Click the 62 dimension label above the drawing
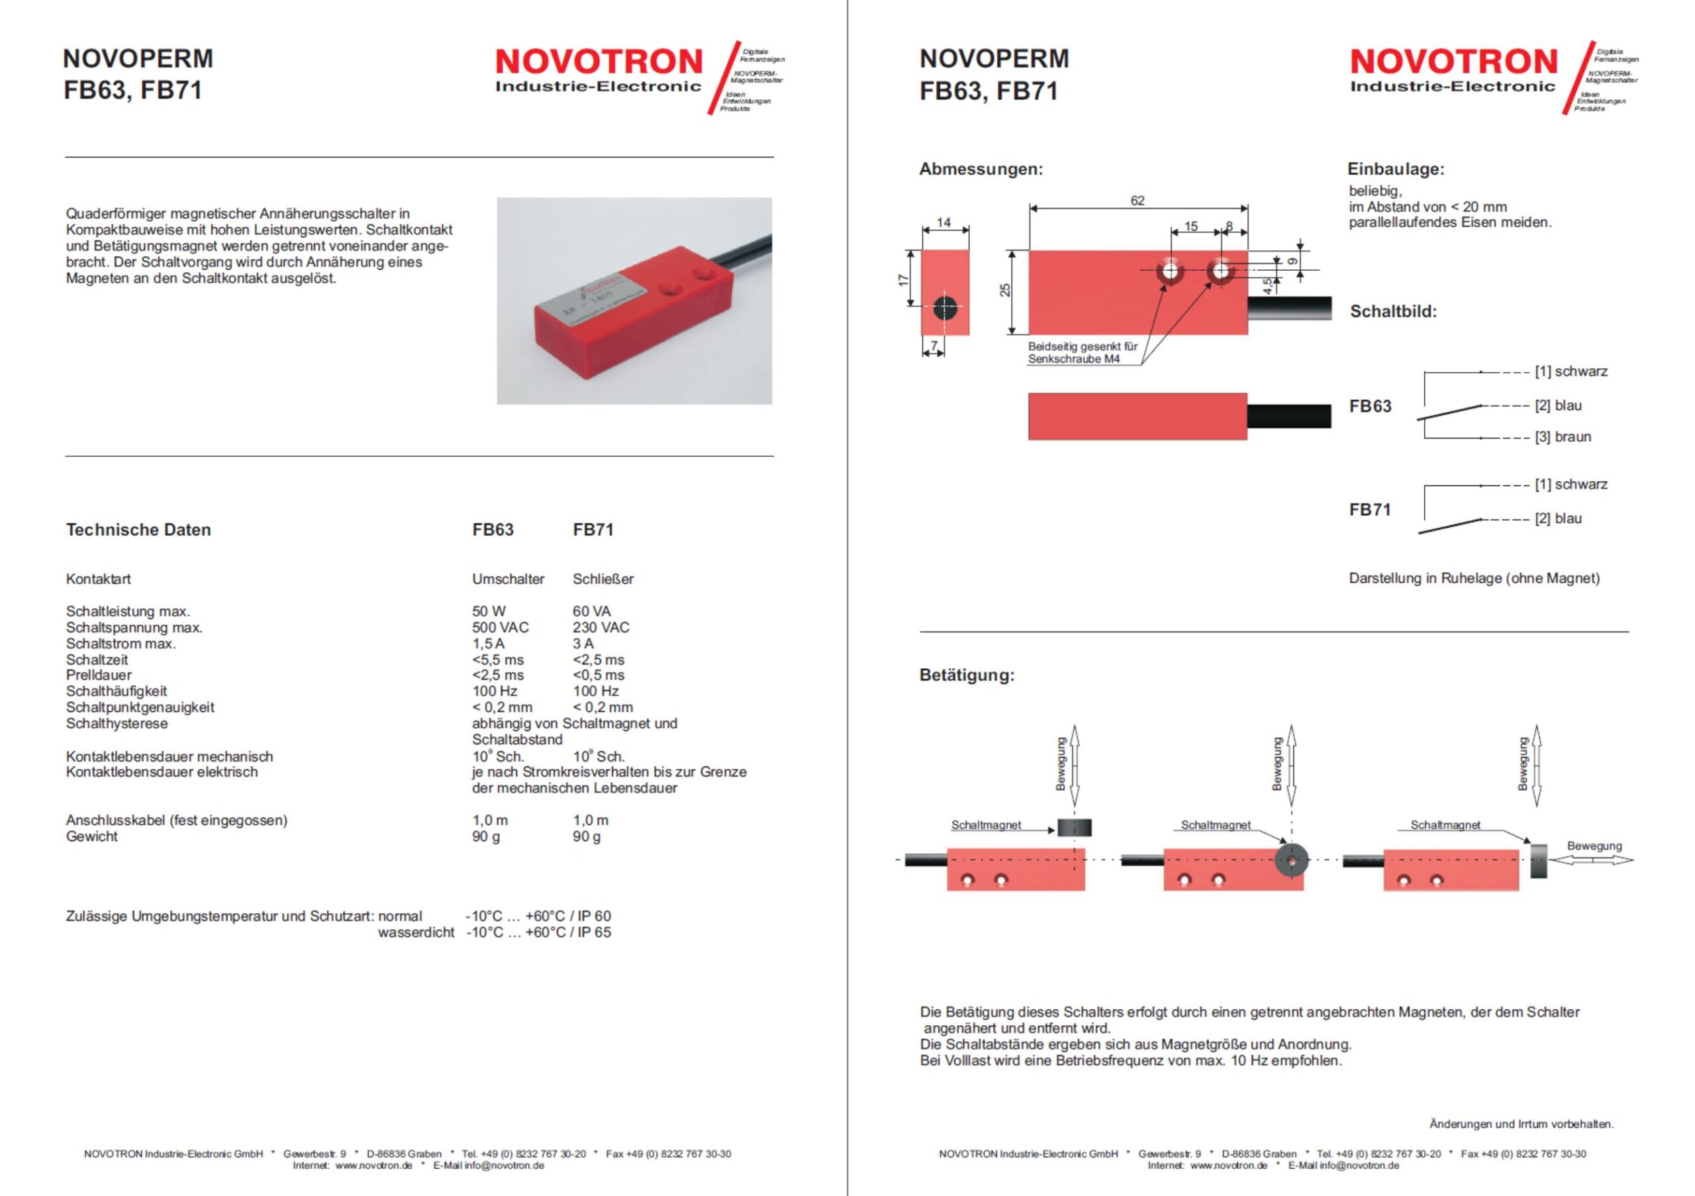coord(1137,201)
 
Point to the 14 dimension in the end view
coord(944,223)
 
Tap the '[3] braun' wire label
coord(1563,437)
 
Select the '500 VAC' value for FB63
coord(500,628)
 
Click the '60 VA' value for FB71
coord(591,611)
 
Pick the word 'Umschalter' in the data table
coord(508,579)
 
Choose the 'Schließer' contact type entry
coord(603,579)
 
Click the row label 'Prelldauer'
coord(98,675)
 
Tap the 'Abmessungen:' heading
coord(981,169)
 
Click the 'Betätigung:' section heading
coord(967,675)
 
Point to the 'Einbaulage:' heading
coord(1395,169)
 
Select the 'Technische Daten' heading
coord(138,529)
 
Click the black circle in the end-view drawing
coord(945,309)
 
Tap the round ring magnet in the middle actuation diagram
coord(1290,860)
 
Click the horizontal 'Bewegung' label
coord(1594,846)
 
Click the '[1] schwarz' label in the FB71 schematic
coord(1571,484)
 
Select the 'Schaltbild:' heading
coord(1393,311)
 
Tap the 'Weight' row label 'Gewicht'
coord(91,836)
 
